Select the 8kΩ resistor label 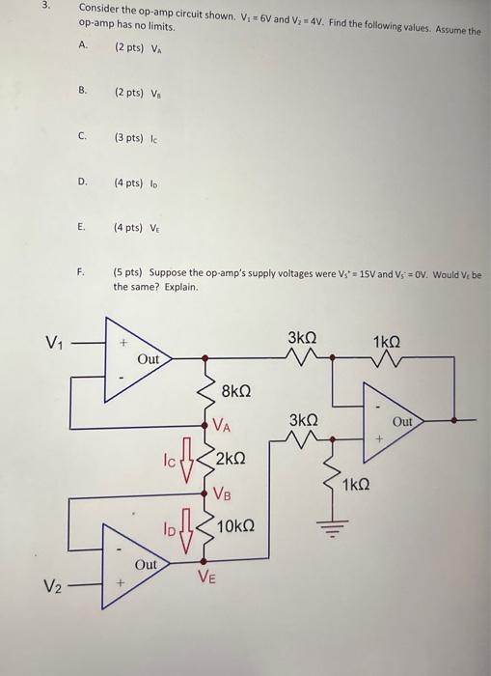[x=235, y=392]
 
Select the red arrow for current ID [x=190, y=528]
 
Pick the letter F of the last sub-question [x=83, y=273]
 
